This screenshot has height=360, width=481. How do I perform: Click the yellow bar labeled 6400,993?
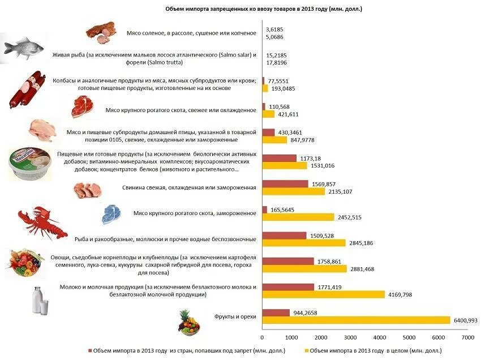click(x=357, y=320)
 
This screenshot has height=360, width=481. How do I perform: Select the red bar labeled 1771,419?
click(x=289, y=287)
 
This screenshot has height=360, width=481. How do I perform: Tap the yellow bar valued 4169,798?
click(x=324, y=294)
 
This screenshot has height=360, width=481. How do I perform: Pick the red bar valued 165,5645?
click(x=265, y=210)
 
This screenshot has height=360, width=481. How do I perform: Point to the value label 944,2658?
click(x=308, y=313)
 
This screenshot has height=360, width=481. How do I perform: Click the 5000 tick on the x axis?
click(x=409, y=337)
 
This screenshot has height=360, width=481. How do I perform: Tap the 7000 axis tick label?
click(x=467, y=337)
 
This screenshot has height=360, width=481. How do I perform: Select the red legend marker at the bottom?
click(x=91, y=350)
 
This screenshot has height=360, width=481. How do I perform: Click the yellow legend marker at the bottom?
click(x=306, y=350)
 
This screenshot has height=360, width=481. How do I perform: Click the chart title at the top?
click(x=264, y=9)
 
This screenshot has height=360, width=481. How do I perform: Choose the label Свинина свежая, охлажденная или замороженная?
click(x=189, y=187)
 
